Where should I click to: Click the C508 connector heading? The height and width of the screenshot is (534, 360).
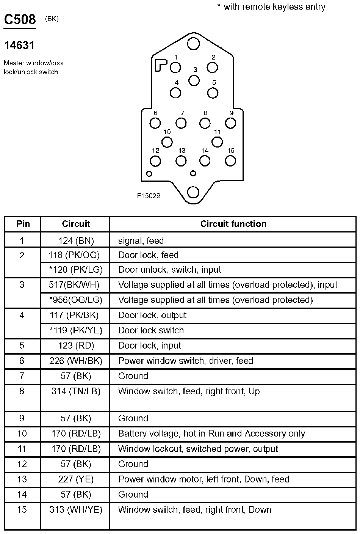tap(20, 20)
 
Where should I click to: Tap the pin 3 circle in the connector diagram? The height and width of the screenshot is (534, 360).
tap(194, 80)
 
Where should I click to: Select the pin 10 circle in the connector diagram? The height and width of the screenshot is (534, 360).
tap(167, 142)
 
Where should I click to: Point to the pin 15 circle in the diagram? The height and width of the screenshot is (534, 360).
tap(230, 161)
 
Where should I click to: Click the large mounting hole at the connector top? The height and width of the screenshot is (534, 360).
tap(193, 44)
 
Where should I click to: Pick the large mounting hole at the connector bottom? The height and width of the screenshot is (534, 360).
tap(193, 192)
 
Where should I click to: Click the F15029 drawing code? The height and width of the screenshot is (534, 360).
tap(149, 196)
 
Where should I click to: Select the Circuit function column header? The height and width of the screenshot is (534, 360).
tap(233, 224)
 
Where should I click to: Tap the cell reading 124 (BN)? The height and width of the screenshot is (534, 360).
tap(76, 240)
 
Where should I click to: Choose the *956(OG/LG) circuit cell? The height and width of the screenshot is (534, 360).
tap(76, 300)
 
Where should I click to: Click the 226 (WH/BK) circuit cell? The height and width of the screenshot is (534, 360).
tap(76, 361)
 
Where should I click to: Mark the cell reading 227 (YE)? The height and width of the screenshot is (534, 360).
tap(76, 479)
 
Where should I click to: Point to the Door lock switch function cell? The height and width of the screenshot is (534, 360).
tap(151, 330)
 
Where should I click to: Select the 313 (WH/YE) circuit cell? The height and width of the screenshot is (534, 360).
tap(76, 510)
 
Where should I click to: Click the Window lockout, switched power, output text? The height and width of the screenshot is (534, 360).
tap(198, 449)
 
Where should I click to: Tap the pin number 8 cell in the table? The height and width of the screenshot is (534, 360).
tap(22, 391)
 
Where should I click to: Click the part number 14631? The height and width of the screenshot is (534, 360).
tap(19, 46)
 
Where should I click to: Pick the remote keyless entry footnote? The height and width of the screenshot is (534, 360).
tap(271, 7)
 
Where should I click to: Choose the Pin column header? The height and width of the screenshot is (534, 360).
tap(23, 224)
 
